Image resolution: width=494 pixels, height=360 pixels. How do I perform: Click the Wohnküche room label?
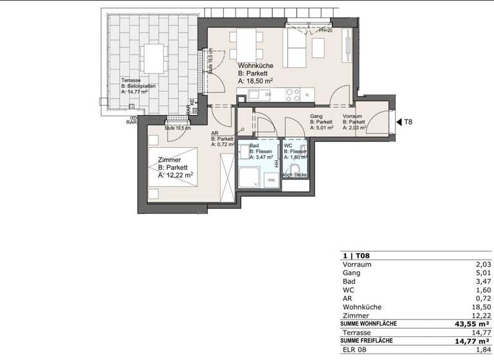[x=255, y=66]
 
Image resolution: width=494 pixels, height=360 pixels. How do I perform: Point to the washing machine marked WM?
[x=270, y=181]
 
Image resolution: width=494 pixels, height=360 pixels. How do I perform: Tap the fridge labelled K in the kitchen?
[x=307, y=95]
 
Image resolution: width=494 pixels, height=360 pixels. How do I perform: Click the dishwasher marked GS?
[x=268, y=94]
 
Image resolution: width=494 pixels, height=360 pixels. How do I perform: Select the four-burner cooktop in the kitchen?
[x=293, y=94]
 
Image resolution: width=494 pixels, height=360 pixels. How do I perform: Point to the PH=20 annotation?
[x=325, y=30]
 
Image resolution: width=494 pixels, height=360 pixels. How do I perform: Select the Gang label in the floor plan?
[x=316, y=116]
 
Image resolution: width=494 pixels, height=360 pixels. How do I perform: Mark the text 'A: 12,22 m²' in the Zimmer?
[x=176, y=175]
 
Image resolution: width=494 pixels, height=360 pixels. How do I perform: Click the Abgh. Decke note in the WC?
[x=295, y=175]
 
